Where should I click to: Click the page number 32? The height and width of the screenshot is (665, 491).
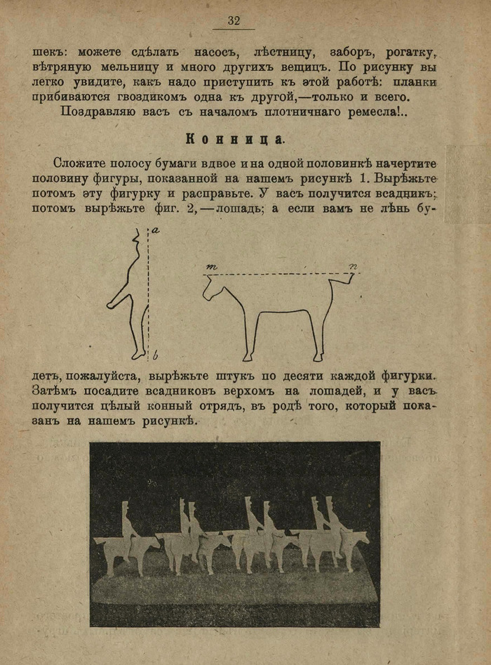[234, 21]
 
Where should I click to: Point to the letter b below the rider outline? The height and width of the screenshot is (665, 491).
[156, 353]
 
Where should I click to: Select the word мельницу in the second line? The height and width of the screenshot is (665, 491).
[122, 68]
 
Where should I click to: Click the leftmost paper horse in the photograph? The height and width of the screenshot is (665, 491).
[119, 551]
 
